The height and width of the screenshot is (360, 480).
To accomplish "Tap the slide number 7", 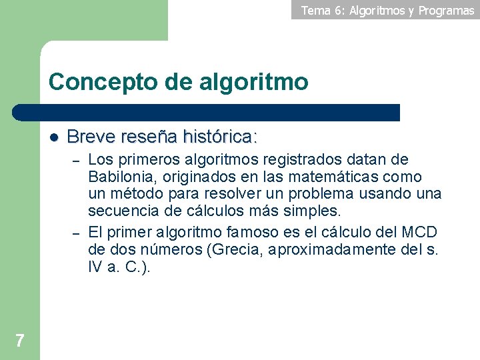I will (x=20, y=341).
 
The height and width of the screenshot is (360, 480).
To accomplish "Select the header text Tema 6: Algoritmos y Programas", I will (x=387, y=10).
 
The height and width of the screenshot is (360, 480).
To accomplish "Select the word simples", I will (x=315, y=211).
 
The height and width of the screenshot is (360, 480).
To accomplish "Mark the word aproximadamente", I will (x=339, y=249).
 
